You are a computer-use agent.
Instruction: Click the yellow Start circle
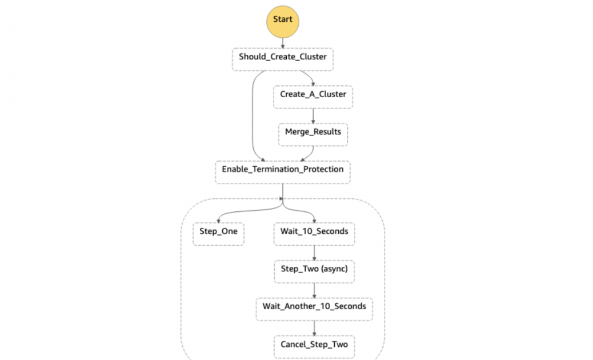coord(282,21)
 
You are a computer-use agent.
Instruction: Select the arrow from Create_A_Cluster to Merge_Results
coord(313,115)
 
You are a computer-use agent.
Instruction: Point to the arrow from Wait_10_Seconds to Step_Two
coord(314,253)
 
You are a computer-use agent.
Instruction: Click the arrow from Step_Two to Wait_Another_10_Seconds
coord(314,290)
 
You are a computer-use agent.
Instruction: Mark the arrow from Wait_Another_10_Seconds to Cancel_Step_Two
coord(314,327)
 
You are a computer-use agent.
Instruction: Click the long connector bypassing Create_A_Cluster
coord(252,114)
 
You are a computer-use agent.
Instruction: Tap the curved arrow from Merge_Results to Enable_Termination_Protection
coord(310,153)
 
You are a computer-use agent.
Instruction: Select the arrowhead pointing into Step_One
coord(218,219)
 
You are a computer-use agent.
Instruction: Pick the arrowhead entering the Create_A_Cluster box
coord(313,83)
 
